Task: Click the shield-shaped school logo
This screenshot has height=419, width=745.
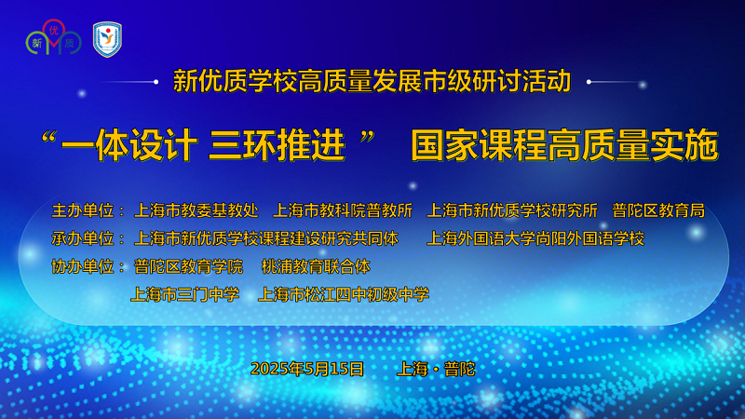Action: coord(107,39)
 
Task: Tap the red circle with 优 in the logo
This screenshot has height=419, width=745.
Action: coord(54,30)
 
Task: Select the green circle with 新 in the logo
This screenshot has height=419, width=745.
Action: coord(37,43)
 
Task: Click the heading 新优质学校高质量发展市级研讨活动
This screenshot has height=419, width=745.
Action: coord(372,81)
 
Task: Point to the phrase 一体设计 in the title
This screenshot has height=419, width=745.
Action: coord(129,145)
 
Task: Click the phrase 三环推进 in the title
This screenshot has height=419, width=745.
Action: coord(277,145)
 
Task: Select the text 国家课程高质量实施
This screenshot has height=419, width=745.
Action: coord(564,145)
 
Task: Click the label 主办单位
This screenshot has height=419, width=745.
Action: coord(83,210)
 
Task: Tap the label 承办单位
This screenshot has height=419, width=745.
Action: coord(83,238)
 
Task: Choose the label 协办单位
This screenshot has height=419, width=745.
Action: coord(83,266)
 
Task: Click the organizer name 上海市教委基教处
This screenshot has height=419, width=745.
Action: coord(196,210)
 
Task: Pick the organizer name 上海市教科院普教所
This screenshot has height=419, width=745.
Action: coord(343,210)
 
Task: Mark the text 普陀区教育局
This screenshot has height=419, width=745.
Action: coord(658,210)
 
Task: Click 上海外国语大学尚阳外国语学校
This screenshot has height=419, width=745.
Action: coord(535,238)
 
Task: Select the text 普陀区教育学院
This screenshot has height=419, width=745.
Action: coord(189,266)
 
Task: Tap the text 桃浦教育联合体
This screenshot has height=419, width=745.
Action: coord(316,266)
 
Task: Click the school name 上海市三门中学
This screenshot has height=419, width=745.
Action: coord(184,294)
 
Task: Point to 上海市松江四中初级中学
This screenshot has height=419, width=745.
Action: coord(344,294)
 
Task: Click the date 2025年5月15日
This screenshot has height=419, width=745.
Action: coord(307,369)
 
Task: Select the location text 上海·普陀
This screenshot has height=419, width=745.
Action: coord(436,369)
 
